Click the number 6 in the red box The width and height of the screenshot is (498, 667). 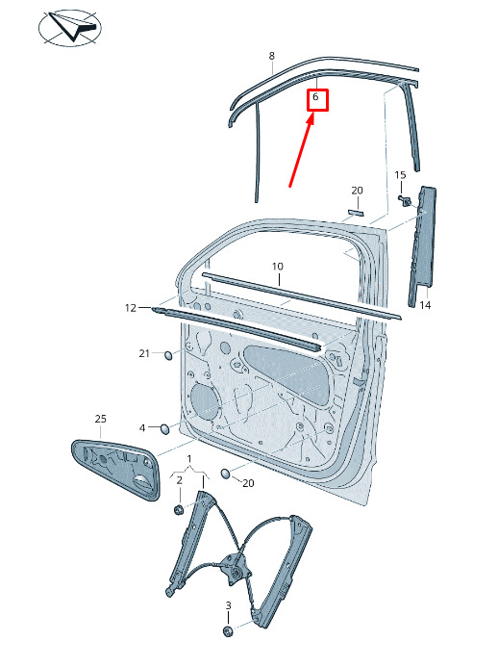pos(315,97)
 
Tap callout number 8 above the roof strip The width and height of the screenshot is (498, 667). pos(271,56)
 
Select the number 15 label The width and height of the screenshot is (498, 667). pos(400,175)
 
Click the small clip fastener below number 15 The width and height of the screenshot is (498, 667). pos(405,199)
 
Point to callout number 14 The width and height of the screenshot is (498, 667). pos(425,305)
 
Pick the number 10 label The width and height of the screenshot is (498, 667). pos(278,267)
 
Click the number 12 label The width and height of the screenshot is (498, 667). pos(131,308)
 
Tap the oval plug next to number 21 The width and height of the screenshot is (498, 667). pos(168,355)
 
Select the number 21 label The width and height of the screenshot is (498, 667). pos(144,353)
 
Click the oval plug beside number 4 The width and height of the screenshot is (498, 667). pos(164,429)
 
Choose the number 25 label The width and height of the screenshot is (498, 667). pos(100,419)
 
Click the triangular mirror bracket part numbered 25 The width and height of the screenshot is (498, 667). pos(115,469)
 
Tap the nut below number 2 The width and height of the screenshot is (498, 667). pos(179,509)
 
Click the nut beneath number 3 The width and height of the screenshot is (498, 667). pos(228,631)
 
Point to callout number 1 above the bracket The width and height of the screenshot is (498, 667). pos(189,459)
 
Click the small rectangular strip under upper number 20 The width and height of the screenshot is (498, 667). pos(356,212)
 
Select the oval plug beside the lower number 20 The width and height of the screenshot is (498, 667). pos(226,474)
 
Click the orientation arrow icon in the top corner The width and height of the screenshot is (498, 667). pos(70,27)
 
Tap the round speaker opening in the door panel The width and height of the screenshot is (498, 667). pos(205,401)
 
